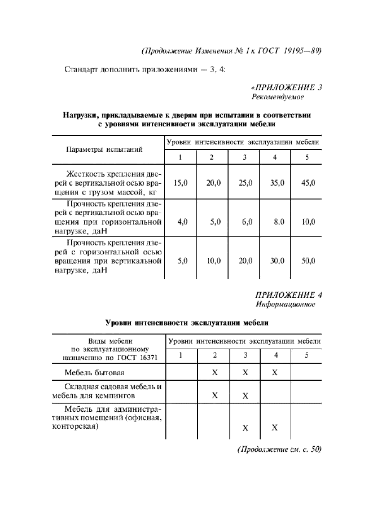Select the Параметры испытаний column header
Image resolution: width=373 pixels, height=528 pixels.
pyautogui.click(x=104, y=149)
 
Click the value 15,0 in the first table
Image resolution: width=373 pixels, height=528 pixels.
pyautogui.click(x=181, y=183)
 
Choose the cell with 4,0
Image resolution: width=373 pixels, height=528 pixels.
pyautogui.click(x=182, y=222)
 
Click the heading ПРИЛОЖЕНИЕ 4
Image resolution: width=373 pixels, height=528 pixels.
pyautogui.click(x=288, y=294)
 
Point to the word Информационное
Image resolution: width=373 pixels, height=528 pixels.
pyautogui.click(x=285, y=304)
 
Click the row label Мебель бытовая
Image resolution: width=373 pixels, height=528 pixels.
pyautogui.click(x=94, y=373)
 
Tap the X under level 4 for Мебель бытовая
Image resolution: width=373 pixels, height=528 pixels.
pyautogui.click(x=275, y=373)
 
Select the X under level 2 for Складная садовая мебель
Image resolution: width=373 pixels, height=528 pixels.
pyautogui.click(x=214, y=395)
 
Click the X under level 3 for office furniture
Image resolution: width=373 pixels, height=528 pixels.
pyautogui.click(x=245, y=428)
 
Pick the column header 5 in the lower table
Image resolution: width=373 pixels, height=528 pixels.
pyautogui.click(x=306, y=355)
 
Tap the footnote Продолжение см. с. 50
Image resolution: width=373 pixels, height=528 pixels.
pyautogui.click(x=279, y=450)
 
